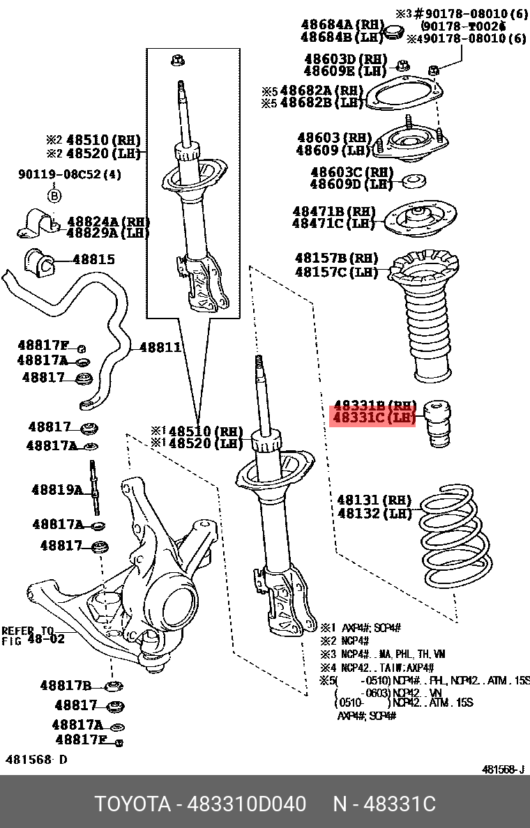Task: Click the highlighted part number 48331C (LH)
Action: [373, 418]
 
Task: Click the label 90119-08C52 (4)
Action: [69, 175]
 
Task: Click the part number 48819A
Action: [56, 490]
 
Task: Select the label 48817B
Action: [66, 686]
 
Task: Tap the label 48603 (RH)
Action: [333, 138]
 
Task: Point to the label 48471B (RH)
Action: [333, 211]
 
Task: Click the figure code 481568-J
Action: [503, 770]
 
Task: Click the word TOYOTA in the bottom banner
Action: [132, 804]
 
